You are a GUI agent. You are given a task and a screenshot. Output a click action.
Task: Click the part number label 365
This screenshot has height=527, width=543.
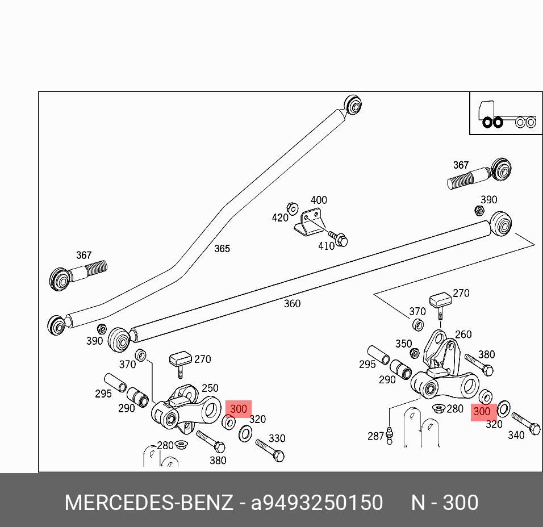coord(222,249)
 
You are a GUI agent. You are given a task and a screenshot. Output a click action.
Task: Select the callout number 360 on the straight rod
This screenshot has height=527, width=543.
coord(292,304)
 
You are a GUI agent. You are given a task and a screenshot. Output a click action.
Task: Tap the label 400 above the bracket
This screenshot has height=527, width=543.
coord(319,200)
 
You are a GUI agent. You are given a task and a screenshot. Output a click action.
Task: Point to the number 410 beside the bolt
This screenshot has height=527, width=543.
coord(326,246)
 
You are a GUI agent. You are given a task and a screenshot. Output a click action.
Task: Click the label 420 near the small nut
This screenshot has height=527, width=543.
coord(280,218)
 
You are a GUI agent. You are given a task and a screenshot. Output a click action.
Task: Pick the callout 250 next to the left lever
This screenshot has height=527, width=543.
coord(210,388)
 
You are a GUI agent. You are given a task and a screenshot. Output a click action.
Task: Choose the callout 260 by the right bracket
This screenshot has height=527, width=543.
coord(463,334)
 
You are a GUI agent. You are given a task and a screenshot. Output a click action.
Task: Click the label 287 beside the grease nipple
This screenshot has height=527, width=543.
coord(376,436)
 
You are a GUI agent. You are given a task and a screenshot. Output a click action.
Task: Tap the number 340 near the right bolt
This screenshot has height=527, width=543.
coord(516,436)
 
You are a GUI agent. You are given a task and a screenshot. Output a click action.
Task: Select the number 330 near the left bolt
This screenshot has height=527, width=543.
coord(277,438)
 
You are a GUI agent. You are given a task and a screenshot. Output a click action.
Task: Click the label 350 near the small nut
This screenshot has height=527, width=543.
coord(403,344)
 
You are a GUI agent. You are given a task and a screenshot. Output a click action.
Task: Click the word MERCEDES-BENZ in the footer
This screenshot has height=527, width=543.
coord(149,503)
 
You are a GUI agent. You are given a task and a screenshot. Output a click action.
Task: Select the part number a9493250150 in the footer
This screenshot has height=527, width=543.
coord(317,503)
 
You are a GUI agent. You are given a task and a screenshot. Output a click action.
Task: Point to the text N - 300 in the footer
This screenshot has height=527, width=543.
coord(445,503)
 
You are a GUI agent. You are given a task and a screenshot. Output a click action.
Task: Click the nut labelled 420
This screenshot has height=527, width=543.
coord(293,208)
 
